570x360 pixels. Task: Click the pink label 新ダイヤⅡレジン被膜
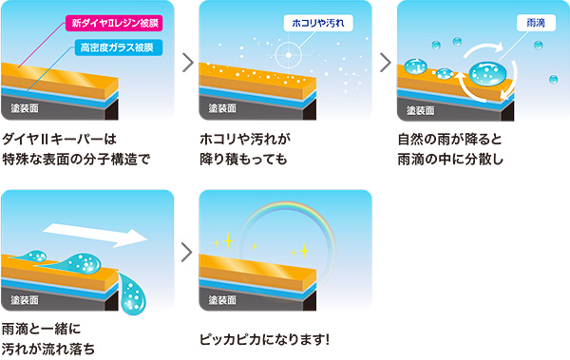(114, 24)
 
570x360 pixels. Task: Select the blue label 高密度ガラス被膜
(119, 47)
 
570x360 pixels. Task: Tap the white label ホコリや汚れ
(318, 23)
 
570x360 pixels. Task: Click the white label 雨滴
(536, 23)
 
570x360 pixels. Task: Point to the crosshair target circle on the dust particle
(288, 55)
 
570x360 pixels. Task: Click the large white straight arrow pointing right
(95, 235)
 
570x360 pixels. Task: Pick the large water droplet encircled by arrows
(487, 73)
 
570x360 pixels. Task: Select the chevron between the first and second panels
(187, 63)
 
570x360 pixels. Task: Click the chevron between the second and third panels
(386, 63)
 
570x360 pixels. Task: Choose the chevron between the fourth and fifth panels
(187, 253)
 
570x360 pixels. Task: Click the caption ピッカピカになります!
(264, 340)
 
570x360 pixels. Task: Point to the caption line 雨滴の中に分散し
(450, 160)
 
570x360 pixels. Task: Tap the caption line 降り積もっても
(243, 160)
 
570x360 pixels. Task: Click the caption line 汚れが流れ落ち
(48, 350)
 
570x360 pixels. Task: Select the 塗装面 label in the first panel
(25, 108)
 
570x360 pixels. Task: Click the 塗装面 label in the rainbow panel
(222, 300)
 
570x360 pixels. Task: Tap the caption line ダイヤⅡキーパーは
(60, 139)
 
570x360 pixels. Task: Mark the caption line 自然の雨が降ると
(449, 139)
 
